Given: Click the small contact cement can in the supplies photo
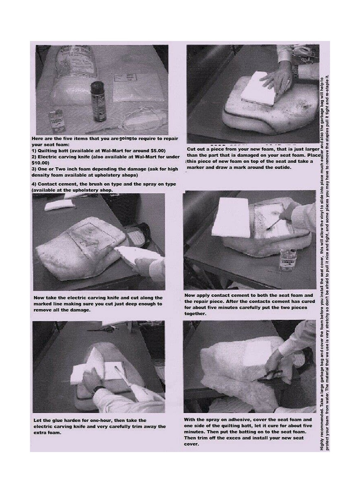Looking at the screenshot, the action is (55, 120).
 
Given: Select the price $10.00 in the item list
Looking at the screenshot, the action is (40, 163).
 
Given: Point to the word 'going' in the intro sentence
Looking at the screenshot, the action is (125, 138).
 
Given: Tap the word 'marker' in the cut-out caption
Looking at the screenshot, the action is (195, 167).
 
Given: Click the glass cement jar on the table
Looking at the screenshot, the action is (286, 260).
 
